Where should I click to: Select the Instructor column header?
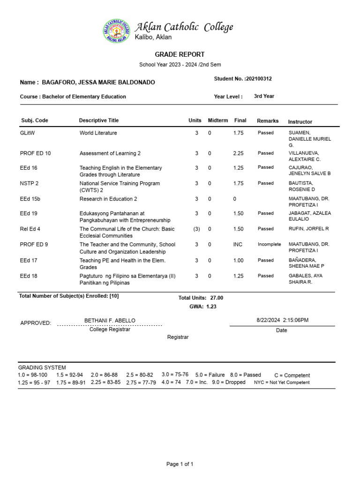pos(300,121)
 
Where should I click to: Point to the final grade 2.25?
pos(238,153)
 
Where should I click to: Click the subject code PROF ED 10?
pos(36,153)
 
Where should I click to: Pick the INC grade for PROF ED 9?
pos(238,244)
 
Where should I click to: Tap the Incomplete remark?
pos(269,244)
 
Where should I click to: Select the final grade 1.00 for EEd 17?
pos(238,260)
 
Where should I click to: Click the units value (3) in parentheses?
pos(196,229)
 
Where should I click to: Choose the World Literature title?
pos(98,133)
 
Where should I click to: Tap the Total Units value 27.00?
pos(217,298)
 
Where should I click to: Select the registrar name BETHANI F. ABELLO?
pos(110,320)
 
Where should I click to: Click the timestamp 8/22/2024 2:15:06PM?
pos(282,320)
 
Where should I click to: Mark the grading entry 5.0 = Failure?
pos(210,375)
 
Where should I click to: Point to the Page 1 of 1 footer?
pos(180,464)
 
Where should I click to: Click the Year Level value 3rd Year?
pos(264,96)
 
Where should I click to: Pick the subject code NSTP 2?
pos(30,183)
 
